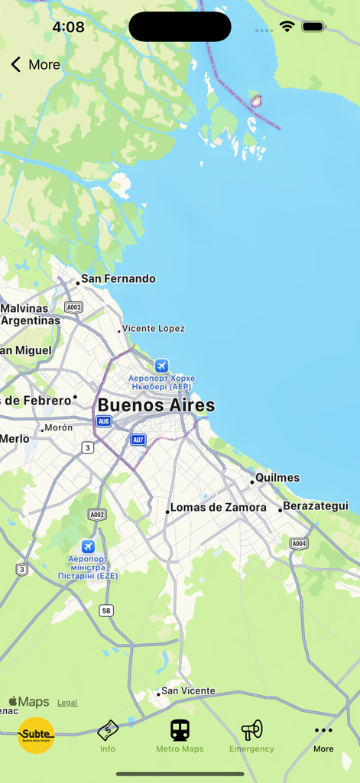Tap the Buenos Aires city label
156,405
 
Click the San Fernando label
118,279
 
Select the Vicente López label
154,329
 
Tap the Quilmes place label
277,478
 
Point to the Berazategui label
315,506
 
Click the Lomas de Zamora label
218,508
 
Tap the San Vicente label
188,691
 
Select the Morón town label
58,428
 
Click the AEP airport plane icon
161,366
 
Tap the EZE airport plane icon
88,546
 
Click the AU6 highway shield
104,421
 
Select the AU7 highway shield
138,440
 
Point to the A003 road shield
73,307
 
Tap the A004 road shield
299,544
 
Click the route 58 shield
106,610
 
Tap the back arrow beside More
16,64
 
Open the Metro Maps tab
180,736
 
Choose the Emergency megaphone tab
251,736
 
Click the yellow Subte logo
36,736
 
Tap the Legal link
67,703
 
